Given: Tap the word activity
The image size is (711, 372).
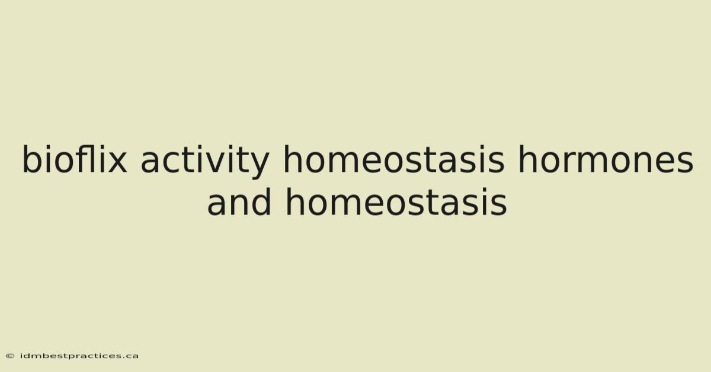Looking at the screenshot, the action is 205,162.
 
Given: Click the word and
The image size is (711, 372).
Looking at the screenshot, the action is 239,201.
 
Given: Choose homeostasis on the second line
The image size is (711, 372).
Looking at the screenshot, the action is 396,201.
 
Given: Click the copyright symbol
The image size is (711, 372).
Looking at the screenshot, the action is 10,356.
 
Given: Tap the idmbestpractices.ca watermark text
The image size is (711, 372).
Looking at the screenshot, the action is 79,356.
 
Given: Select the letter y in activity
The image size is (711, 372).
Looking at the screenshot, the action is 259,166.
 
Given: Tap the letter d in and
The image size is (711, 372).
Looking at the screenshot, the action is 261,201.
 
